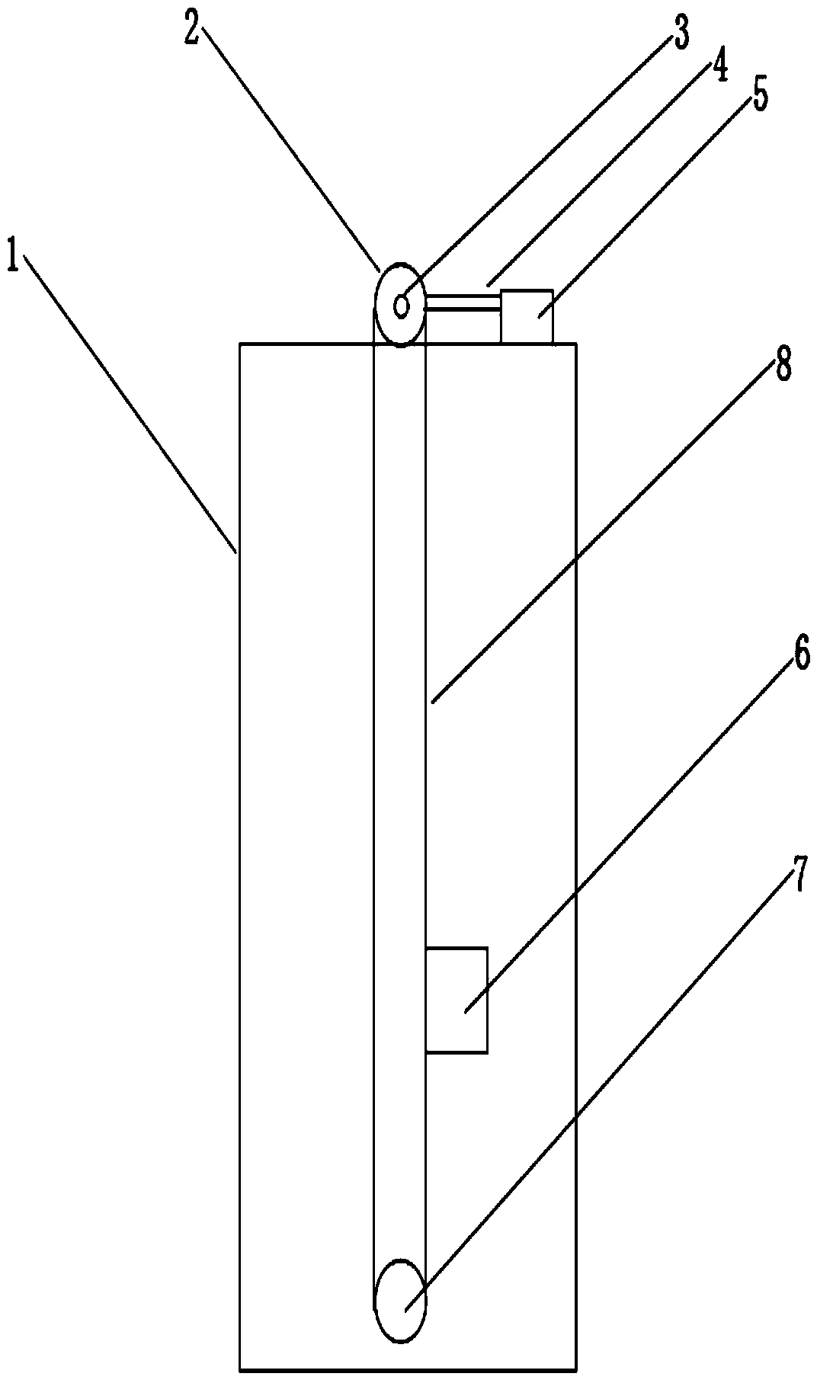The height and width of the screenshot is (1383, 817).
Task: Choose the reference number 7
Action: point(798,876)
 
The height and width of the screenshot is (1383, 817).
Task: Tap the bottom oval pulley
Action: point(400,1301)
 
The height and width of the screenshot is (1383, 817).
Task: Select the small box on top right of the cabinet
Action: point(527,316)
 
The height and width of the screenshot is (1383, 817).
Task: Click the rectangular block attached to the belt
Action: point(457,1000)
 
